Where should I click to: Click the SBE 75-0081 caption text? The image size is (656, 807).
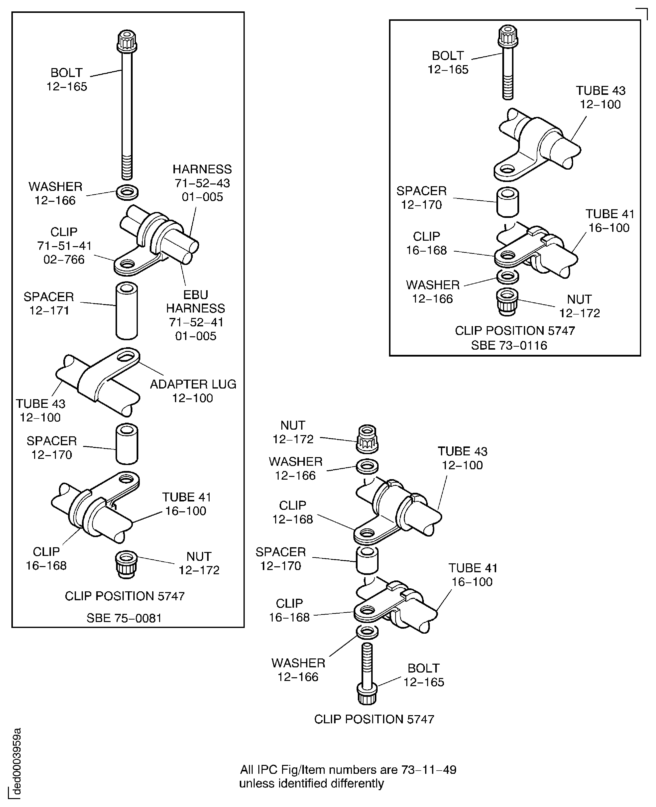pos(124,618)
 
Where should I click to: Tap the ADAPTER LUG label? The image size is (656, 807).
pos(193,391)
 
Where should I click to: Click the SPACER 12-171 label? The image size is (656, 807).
pos(49,303)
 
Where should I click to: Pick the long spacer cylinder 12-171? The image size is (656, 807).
pos(127,311)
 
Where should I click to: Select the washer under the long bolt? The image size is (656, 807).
pos(127,192)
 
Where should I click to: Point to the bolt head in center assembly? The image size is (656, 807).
pos(367,693)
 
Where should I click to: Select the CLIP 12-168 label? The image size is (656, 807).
pos(292,512)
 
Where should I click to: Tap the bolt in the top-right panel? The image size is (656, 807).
pos(508,62)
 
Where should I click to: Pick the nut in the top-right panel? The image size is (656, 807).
pos(507,301)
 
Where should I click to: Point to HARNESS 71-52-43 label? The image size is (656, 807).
pos(202,183)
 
